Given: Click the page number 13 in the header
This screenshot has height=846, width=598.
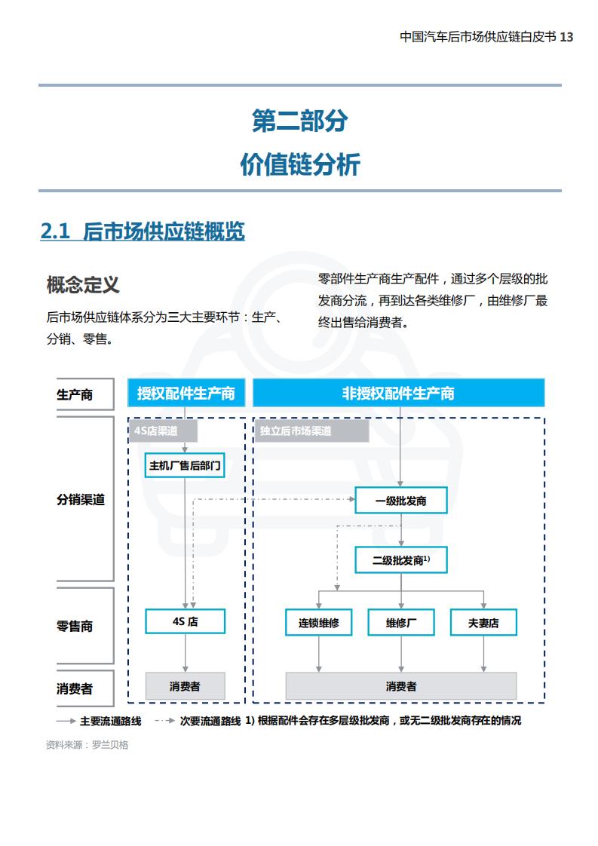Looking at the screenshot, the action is [x=566, y=37].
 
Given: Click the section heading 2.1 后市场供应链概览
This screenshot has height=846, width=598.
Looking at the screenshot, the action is [x=143, y=231].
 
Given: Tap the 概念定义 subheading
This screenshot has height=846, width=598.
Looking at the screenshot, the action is [x=83, y=284].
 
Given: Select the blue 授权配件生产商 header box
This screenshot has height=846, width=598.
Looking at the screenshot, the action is [x=186, y=393].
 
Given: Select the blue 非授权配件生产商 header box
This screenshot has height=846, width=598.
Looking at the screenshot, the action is [x=398, y=393].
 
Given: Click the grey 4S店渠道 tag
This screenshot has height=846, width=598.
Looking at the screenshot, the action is [x=163, y=431].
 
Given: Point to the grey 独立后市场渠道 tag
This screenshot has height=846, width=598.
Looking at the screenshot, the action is [x=311, y=431].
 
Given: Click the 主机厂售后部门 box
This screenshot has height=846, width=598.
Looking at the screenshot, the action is [x=185, y=465].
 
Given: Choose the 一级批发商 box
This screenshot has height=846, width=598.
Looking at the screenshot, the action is [x=401, y=501].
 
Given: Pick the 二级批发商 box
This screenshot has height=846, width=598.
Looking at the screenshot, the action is [x=401, y=560].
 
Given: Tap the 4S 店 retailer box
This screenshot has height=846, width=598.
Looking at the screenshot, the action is [x=185, y=621].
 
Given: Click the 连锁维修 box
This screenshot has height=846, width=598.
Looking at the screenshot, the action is [x=318, y=623].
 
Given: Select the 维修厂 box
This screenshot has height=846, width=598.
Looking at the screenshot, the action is [x=401, y=623].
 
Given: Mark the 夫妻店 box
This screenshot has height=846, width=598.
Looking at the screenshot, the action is [x=483, y=623].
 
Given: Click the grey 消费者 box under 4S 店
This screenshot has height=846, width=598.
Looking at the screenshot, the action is [x=185, y=686].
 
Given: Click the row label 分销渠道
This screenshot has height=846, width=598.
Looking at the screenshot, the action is [x=81, y=500].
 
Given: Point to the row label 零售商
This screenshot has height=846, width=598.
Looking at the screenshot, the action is [x=75, y=626].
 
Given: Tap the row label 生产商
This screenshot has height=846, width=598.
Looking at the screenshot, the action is [x=75, y=394].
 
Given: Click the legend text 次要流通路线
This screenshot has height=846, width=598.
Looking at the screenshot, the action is [x=210, y=721].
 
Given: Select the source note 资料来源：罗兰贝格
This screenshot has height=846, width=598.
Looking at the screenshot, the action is [x=87, y=744].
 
